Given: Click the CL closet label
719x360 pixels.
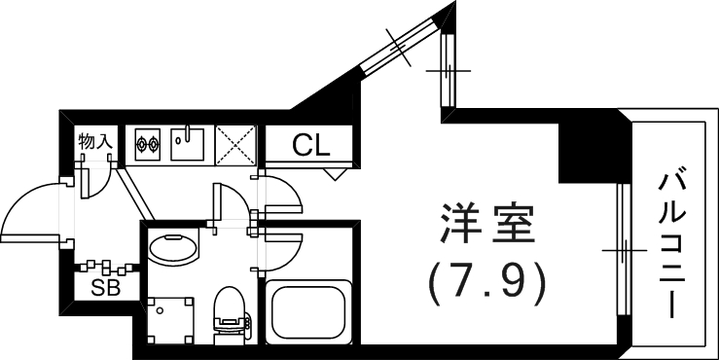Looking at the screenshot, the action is [x=311, y=147].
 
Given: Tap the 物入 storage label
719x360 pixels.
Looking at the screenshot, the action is [x=96, y=142].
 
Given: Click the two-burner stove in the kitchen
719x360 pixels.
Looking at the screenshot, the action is [x=147, y=145].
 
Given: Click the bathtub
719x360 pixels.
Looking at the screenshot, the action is [x=309, y=311].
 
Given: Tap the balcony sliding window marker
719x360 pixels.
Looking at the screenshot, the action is [x=622, y=251].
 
